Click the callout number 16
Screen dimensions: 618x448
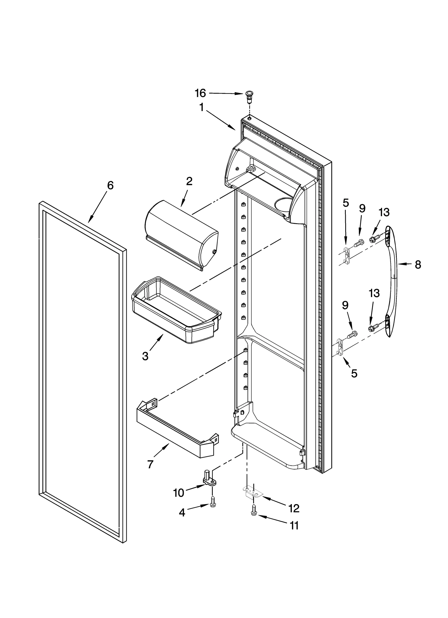click(200, 93)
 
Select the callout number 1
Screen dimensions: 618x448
click(201, 107)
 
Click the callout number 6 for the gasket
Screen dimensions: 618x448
click(110, 185)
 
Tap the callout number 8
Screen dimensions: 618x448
click(417, 264)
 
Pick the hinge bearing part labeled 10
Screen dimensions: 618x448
click(210, 478)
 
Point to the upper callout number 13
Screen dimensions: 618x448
click(384, 213)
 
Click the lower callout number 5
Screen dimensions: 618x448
click(354, 373)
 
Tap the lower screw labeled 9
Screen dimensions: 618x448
click(352, 334)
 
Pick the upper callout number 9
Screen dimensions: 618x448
click(362, 208)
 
